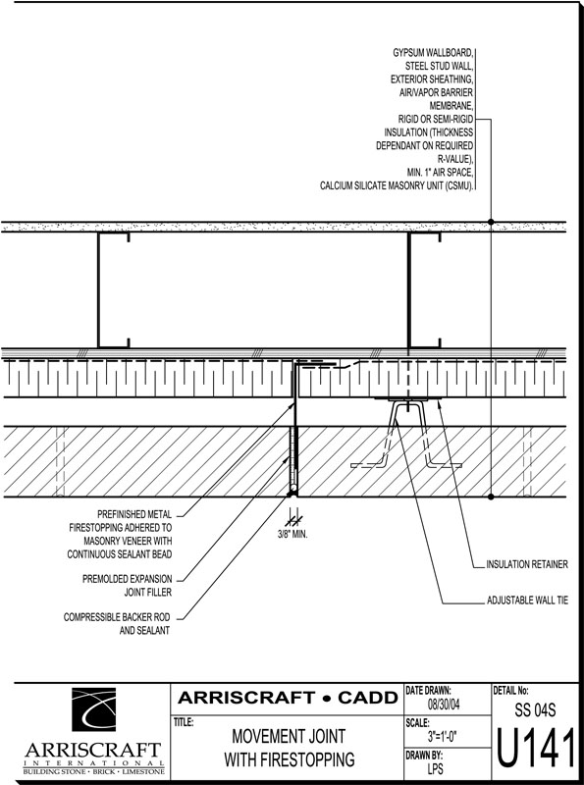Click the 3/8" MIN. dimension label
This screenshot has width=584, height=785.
pos(292,534)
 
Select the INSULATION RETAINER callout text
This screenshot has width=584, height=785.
pos(527,564)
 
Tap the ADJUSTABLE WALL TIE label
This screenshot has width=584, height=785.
pos(527,600)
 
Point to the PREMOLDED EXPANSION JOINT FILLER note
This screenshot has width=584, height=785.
pos(128,585)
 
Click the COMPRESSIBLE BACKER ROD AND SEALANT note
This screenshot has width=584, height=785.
pos(117,624)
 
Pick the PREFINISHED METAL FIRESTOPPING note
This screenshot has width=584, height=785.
pos(120,534)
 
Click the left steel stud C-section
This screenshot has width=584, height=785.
pos(114,289)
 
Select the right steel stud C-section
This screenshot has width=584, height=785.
pos(424,289)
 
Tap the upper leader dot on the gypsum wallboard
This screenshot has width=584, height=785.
pos(491,222)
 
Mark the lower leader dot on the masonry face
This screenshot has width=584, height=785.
pos(491,497)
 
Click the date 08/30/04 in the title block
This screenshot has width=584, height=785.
pos(444,705)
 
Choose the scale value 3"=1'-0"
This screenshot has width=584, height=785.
pos(443,737)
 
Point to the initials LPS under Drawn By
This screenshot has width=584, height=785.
pos(435,768)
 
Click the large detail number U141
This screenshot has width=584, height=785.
pos(536,750)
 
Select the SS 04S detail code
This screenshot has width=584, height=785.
pos(535,709)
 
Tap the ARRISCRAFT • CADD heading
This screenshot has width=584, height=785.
pos(288,698)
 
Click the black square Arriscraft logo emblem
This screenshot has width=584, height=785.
pos(93,709)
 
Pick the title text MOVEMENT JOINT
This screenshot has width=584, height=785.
pos(289,737)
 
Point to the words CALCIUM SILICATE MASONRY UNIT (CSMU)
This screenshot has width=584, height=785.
pos(397,185)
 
